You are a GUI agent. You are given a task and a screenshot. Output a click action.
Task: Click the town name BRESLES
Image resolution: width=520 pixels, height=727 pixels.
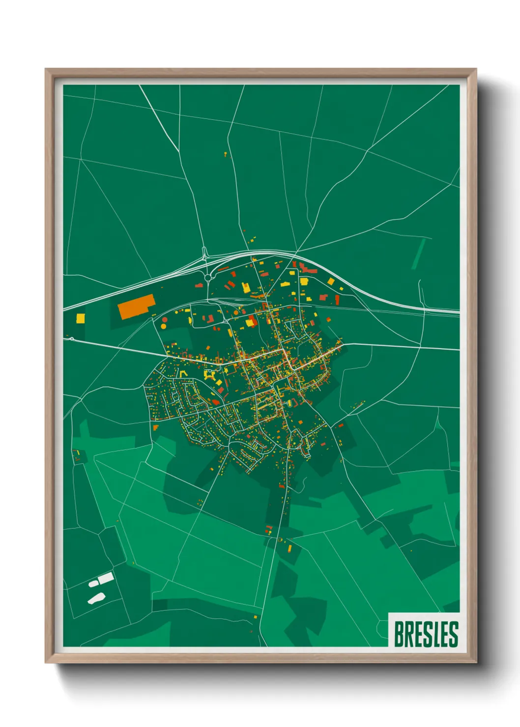click(426, 634)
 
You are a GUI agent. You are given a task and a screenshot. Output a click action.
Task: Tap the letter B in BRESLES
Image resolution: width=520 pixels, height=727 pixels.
click(399, 634)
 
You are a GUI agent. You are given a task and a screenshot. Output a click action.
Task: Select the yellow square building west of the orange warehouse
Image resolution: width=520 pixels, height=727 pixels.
click(81, 318)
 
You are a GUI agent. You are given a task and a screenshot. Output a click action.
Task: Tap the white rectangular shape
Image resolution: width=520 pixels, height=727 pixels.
click(106, 578)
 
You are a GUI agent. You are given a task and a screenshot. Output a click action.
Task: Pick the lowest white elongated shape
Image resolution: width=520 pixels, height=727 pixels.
click(96, 598)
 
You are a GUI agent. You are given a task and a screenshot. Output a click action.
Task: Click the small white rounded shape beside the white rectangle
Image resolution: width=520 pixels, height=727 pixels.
click(93, 584)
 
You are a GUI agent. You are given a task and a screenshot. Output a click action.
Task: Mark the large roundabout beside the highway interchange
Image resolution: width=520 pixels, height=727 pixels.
click(208, 278)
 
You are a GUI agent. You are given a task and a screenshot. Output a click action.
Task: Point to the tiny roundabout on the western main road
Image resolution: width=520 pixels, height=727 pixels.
click(72, 338)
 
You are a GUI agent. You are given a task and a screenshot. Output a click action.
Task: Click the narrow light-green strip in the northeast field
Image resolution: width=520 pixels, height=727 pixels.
click(418, 253)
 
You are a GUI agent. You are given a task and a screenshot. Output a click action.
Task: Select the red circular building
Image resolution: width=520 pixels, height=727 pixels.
click(164, 319)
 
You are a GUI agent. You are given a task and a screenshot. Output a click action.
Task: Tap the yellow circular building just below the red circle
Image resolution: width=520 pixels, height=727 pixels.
click(164, 326)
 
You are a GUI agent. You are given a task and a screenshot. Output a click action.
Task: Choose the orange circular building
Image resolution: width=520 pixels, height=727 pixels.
click(236, 312)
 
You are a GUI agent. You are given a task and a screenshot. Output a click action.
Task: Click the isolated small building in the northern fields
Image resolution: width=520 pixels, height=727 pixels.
click(226, 154)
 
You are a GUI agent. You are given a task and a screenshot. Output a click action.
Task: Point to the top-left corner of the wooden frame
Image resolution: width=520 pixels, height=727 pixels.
click(46, 70)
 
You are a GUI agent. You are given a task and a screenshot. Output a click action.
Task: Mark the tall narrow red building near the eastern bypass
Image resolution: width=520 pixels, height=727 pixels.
click(337, 299)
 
